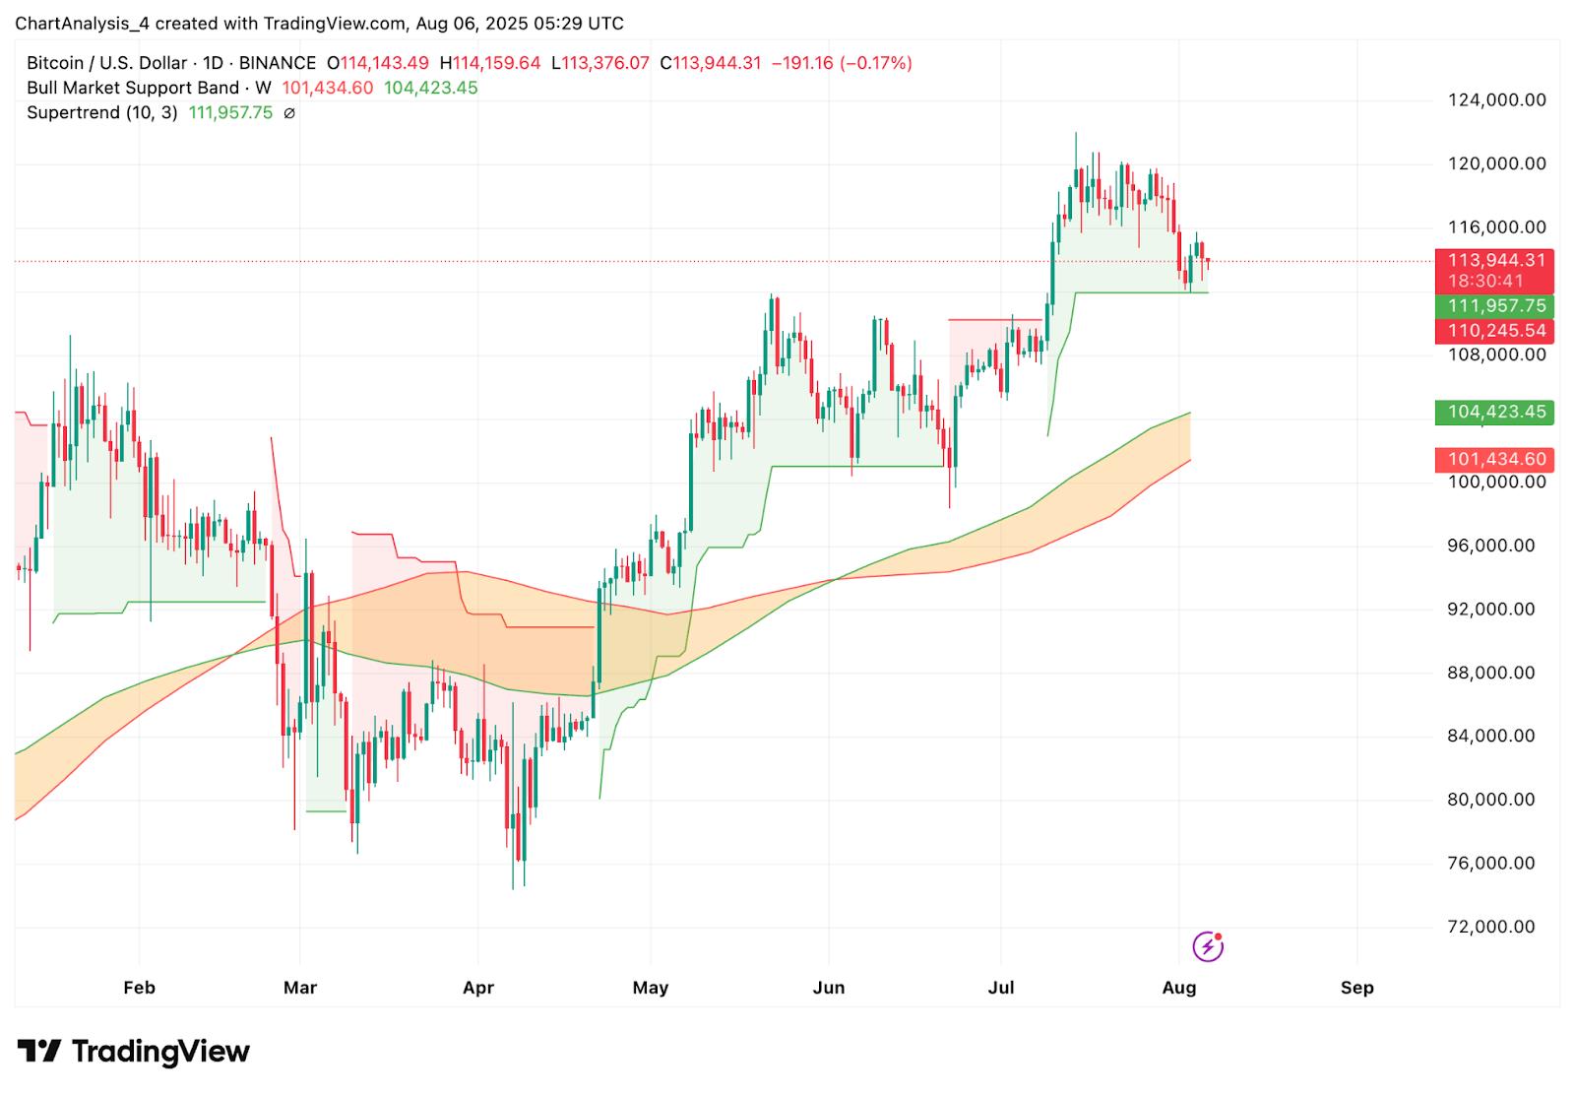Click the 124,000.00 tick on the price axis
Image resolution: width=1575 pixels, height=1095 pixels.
pos(1496,99)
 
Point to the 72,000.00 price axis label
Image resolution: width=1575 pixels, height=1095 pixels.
pos(1491,927)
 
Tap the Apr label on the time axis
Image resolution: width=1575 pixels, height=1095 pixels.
pos(477,988)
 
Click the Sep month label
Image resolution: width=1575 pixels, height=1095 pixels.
pos(1356,988)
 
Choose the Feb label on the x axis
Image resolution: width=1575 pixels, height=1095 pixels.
pos(139,988)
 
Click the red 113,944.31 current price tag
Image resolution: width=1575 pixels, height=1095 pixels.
pos(1496,260)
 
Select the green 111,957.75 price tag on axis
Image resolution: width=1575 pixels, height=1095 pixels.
pos(1496,306)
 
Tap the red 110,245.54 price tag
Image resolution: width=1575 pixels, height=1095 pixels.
pos(1496,331)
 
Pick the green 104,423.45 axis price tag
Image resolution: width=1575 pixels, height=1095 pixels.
pos(1496,412)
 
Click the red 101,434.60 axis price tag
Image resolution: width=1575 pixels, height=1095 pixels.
pos(1496,459)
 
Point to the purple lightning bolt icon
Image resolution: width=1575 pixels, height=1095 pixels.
pos(1208,946)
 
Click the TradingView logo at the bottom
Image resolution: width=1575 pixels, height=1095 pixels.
pos(134,1052)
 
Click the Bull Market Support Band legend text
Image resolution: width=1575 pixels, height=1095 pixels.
pos(132,88)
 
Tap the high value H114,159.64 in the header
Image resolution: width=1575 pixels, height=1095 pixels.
pos(496,63)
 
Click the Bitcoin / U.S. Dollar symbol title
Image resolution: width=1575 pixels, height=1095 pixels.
pos(106,63)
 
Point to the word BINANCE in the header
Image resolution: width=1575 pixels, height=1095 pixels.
pos(277,63)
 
